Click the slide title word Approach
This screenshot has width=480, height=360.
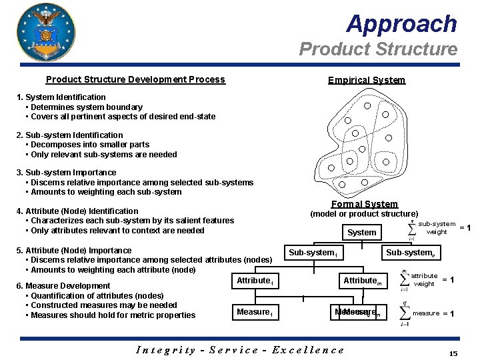(x=401, y=24)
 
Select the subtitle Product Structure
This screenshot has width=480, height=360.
(x=378, y=49)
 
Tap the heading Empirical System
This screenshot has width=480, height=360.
(x=366, y=80)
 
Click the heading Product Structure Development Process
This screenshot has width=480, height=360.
(x=135, y=79)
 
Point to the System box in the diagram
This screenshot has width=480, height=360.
(x=362, y=233)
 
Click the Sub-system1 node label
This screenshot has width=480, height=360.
(x=313, y=253)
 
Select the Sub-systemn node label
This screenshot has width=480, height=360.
(x=411, y=253)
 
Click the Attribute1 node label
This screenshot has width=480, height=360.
(x=254, y=281)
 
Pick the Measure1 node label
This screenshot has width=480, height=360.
(x=254, y=312)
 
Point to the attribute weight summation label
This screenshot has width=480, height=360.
(x=424, y=280)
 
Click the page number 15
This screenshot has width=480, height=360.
(x=453, y=353)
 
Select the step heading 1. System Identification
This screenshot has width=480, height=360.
(x=61, y=97)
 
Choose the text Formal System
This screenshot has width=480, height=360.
(x=364, y=204)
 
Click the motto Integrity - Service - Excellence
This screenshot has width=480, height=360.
(x=240, y=349)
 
